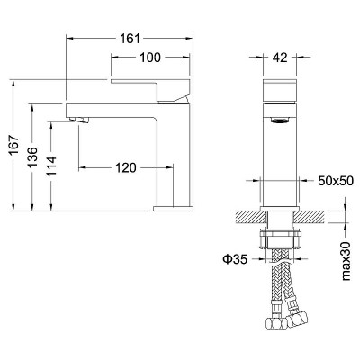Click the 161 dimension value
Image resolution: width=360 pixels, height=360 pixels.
pyautogui.click(x=130, y=39)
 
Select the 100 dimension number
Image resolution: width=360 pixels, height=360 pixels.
pyautogui.click(x=150, y=58)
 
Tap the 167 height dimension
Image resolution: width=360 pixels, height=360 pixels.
pyautogui.click(x=14, y=145)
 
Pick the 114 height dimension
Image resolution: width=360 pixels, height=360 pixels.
pyautogui.click(x=51, y=166)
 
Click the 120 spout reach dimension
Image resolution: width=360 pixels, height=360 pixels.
pyautogui.click(x=126, y=167)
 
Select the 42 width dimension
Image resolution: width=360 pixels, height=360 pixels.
pyautogui.click(x=280, y=58)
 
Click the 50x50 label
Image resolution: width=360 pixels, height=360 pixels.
pyautogui.click(x=336, y=181)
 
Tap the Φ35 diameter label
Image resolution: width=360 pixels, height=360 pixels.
pyautogui.click(x=235, y=259)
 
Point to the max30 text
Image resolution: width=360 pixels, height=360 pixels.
pyautogui.click(x=346, y=260)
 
